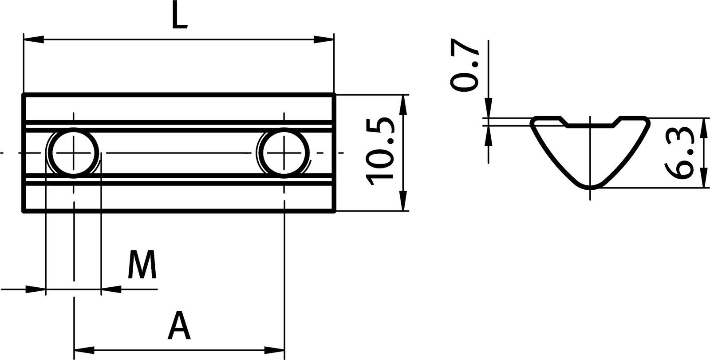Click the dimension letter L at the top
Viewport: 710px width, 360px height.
click(179, 17)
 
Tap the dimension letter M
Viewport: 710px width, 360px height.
click(142, 265)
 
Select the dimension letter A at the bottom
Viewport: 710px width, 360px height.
click(179, 325)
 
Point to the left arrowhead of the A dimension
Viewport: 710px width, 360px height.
click(84, 350)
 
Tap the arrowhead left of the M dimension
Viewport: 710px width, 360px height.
click(35, 290)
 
